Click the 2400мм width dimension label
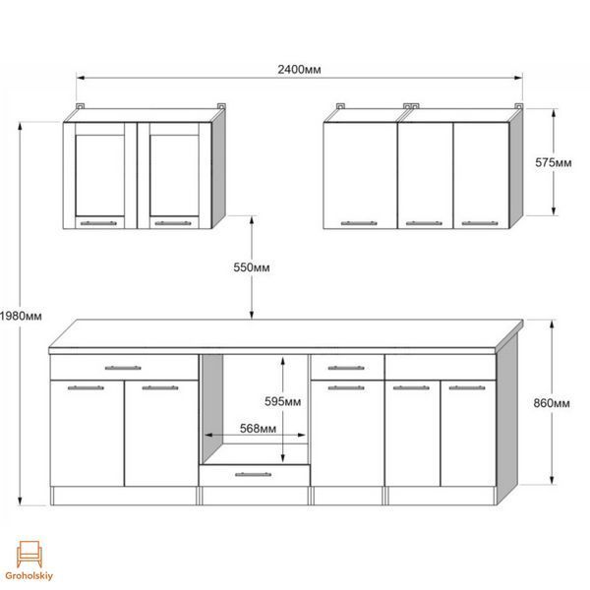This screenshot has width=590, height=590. (x=299, y=70)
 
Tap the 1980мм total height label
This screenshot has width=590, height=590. (x=21, y=316)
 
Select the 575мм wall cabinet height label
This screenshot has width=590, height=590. (x=553, y=162)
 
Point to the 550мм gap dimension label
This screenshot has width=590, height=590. (x=252, y=267)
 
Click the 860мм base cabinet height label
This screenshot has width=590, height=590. (x=552, y=403)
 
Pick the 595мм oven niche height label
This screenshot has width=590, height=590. (x=282, y=402)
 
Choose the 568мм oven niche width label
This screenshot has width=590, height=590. (x=258, y=428)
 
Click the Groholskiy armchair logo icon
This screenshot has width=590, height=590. (x=29, y=555)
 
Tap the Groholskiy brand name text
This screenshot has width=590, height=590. (x=29, y=575)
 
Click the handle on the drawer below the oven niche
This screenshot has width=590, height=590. (x=254, y=475)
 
